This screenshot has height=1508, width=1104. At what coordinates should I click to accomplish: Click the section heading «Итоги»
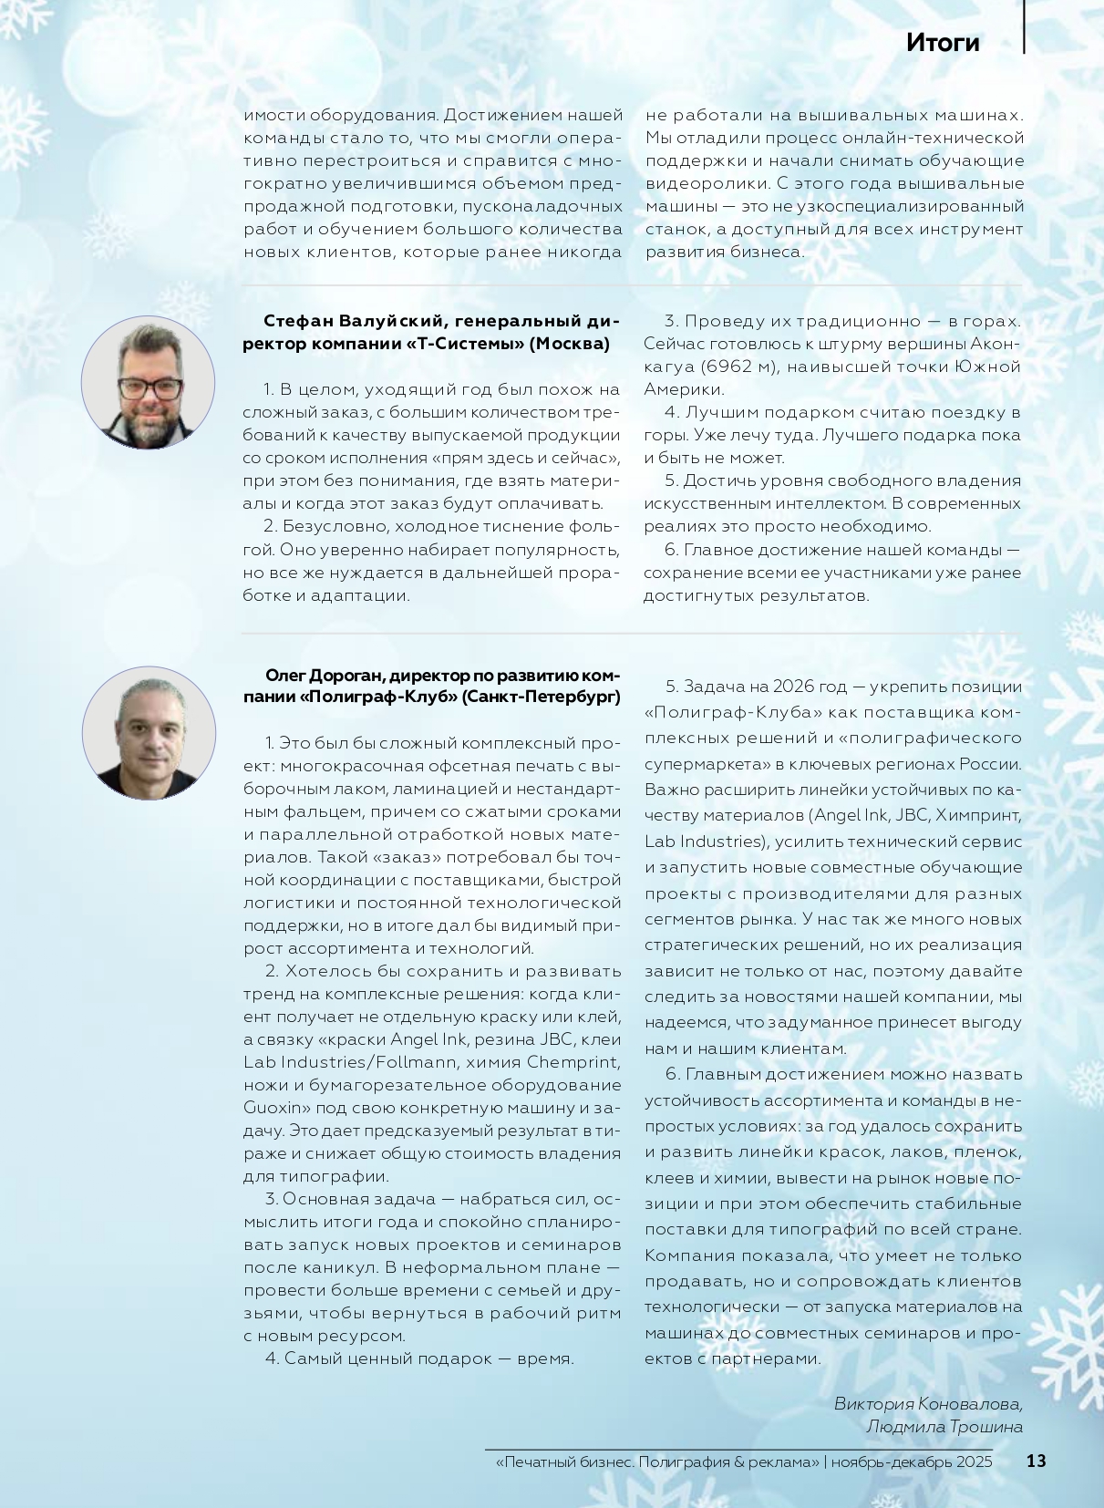pyautogui.click(x=943, y=43)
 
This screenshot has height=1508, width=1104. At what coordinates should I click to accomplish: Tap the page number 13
pyautogui.click(x=1036, y=1461)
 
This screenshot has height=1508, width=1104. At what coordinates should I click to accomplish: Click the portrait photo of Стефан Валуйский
pyautogui.click(x=148, y=382)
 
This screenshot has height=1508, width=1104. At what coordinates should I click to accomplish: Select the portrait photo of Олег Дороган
pyautogui.click(x=149, y=733)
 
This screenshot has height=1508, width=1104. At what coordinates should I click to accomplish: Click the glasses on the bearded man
pyautogui.click(x=150, y=387)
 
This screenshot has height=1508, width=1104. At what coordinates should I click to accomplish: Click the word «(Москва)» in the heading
pyautogui.click(x=569, y=344)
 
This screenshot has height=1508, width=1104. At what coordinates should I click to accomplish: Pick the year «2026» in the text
pyautogui.click(x=793, y=686)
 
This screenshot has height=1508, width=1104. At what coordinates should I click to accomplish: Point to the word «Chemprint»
pyautogui.click(x=573, y=1062)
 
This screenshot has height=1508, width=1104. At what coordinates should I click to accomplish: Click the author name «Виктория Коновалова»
pyautogui.click(x=928, y=1403)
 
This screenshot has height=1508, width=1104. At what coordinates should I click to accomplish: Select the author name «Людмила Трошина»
pyautogui.click(x=944, y=1427)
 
